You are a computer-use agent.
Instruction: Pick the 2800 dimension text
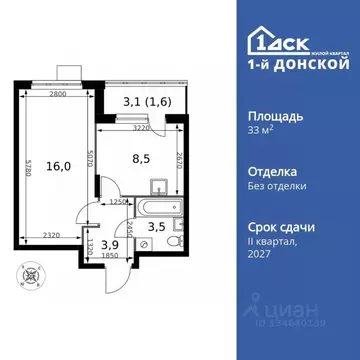tap(53, 91)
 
